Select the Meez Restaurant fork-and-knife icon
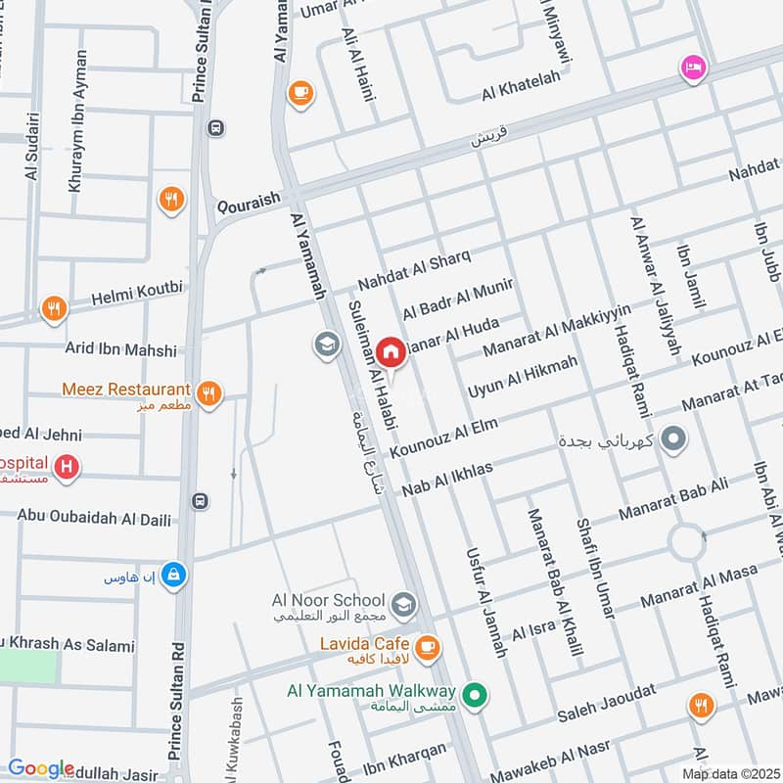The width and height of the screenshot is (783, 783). (x=207, y=394)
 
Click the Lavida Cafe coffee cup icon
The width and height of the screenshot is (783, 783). (x=427, y=647)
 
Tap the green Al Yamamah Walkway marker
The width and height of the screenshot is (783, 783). (x=475, y=696)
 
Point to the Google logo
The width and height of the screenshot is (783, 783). (x=41, y=768)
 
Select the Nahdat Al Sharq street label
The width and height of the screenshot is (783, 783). (x=414, y=269)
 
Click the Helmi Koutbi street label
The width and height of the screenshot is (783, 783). (x=137, y=293)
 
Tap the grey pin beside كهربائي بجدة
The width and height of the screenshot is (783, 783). (x=673, y=438)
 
